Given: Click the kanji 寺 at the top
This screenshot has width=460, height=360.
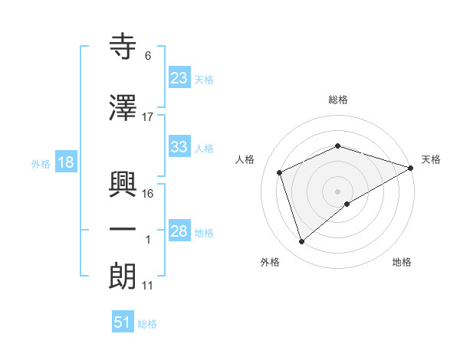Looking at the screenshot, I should coord(123,47).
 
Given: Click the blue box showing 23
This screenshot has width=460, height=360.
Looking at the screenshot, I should coord(179,77).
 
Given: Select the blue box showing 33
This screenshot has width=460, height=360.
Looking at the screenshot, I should coord(179,147).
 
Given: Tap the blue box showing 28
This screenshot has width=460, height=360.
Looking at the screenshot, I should coord(179,231).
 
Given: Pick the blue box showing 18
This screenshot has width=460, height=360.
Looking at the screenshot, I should coord(65,162).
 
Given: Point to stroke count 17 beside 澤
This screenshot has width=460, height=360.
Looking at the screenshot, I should coord(148,117).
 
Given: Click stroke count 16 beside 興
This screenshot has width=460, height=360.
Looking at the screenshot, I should coord(148,194).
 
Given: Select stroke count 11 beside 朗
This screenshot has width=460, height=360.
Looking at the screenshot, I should coord(148,286).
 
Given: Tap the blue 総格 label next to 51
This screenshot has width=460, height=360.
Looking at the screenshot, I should coord(147,324).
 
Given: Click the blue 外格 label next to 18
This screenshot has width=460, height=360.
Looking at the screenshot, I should coord(41,163).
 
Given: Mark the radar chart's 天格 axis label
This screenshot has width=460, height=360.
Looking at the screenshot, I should coord(431,159).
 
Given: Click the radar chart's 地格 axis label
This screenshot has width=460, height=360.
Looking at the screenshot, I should coord(402,263).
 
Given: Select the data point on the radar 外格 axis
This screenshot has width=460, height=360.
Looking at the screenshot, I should coord(301,242).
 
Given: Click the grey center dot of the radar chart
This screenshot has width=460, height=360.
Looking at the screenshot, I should coord(338,191).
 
